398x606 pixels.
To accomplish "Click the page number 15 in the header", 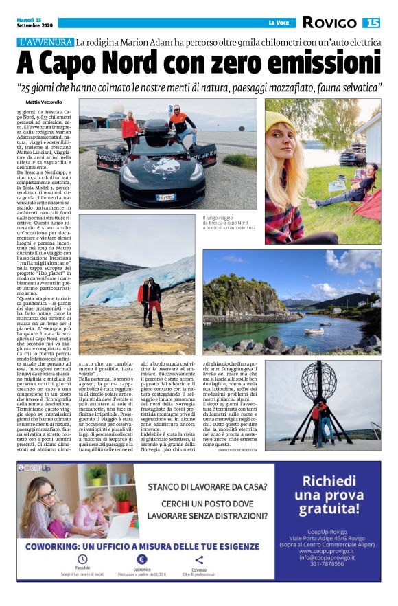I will click(371, 23).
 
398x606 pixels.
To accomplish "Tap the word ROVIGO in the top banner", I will click(329, 23).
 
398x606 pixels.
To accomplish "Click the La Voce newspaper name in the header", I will click(278, 23).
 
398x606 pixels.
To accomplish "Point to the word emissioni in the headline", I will click(319, 63).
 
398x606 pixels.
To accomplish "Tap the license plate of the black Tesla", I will click(165, 197).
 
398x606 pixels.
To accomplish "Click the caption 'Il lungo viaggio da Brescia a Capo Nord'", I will click(229, 223).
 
